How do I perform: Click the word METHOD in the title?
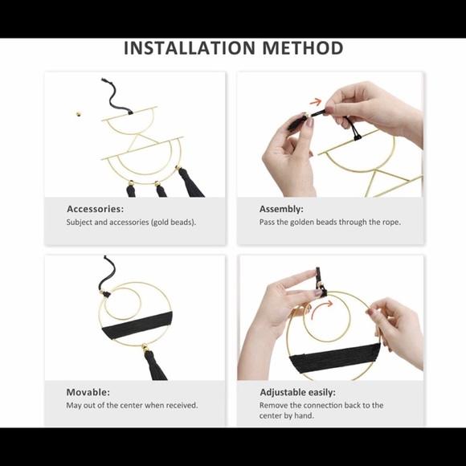pyautogui.click(x=303, y=48)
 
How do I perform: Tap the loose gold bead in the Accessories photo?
pyautogui.click(x=79, y=113)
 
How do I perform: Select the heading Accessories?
pyautogui.click(x=95, y=209)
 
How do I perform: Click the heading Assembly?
pyautogui.click(x=281, y=209)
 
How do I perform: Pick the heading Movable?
pyautogui.click(x=88, y=392)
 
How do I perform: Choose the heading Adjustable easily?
pyautogui.click(x=297, y=393)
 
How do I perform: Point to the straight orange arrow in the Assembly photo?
pyautogui.click(x=316, y=102)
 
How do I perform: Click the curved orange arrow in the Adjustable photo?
pyautogui.click(x=321, y=309)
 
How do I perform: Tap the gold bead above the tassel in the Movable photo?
pyautogui.click(x=145, y=347)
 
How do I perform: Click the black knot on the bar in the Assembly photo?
pyautogui.click(x=358, y=137)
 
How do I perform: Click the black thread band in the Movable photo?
pyautogui.click(x=137, y=325)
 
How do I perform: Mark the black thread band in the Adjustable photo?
pyautogui.click(x=335, y=358)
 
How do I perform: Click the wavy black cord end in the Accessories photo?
pyautogui.click(x=114, y=96)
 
